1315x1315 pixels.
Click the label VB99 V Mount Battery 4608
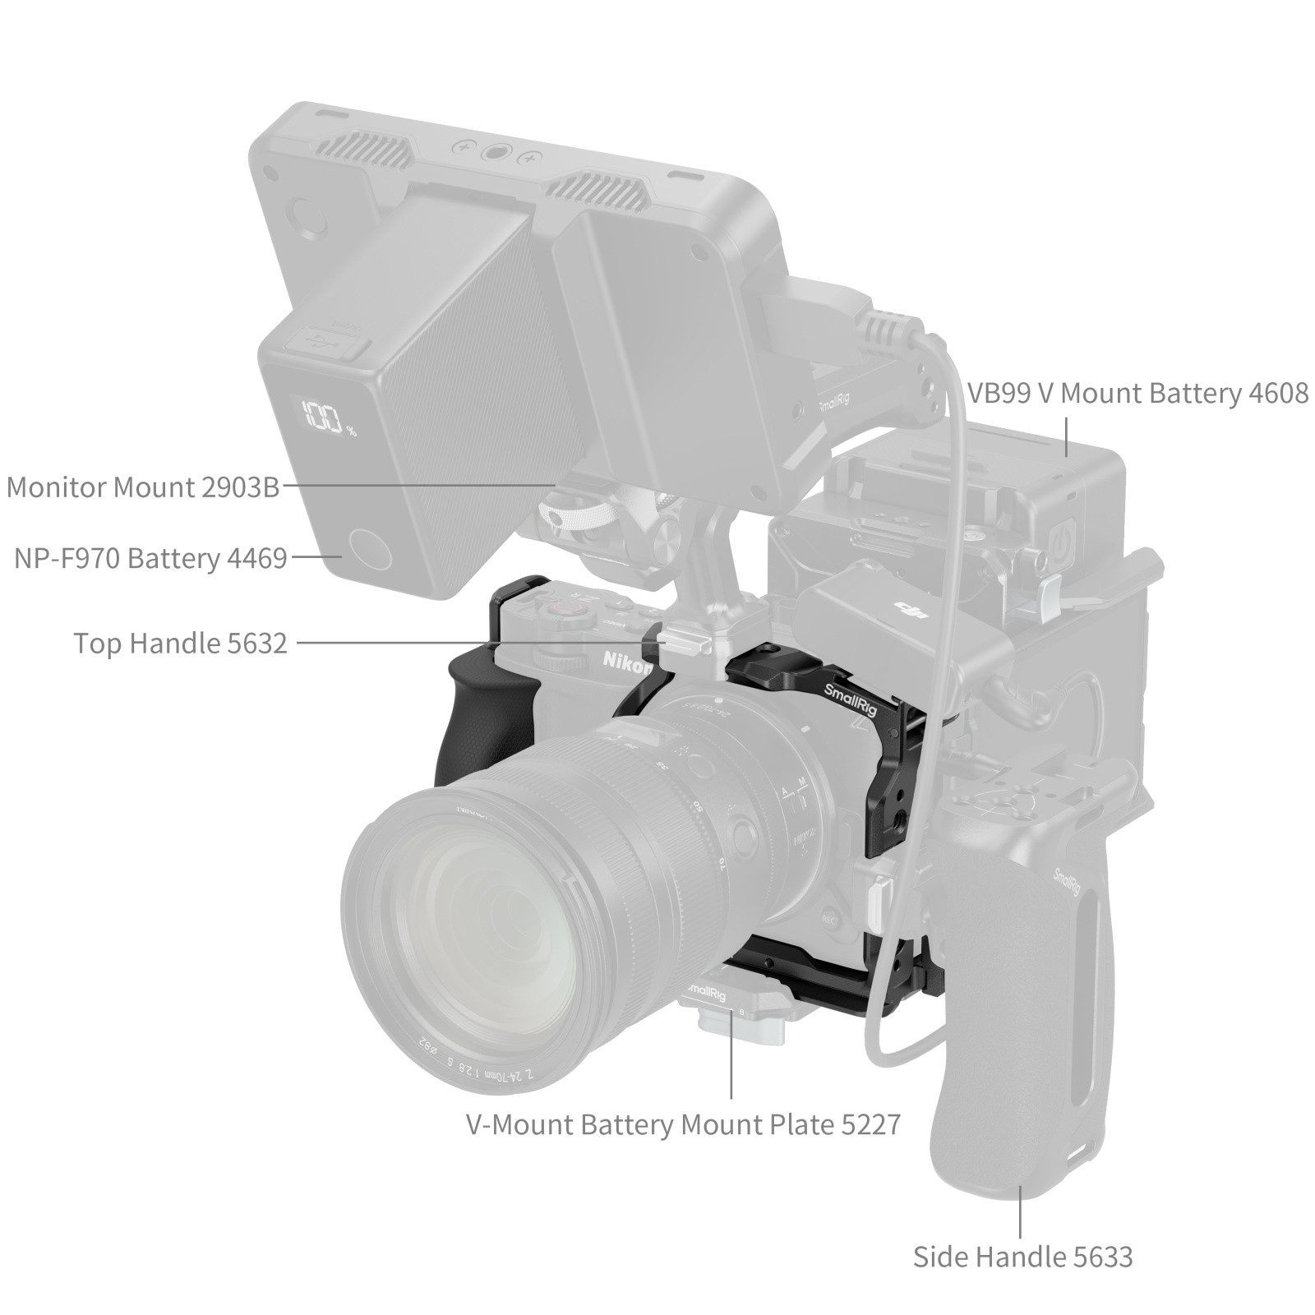click(x=1137, y=394)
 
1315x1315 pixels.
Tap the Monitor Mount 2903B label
click(x=143, y=487)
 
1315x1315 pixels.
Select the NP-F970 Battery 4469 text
click(x=150, y=559)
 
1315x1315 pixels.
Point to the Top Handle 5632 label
click(x=181, y=643)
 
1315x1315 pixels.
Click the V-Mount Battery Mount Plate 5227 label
click(x=683, y=1124)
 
